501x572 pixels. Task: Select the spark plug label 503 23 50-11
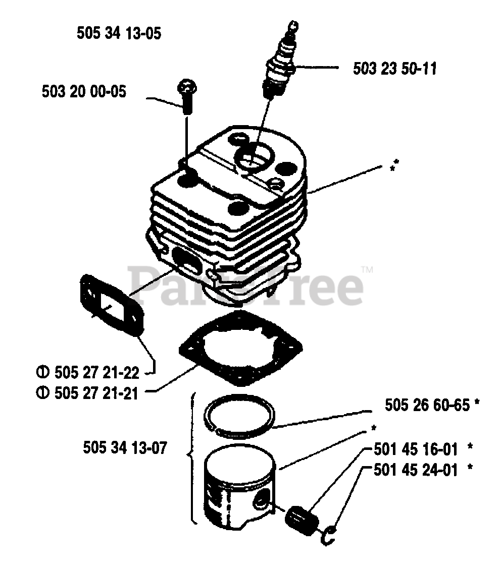pos(394,68)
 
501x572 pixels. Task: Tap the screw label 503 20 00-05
pos(84,92)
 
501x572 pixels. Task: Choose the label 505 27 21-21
pos(94,392)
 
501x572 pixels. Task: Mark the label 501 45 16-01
pos(416,448)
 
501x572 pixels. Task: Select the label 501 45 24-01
pos(416,470)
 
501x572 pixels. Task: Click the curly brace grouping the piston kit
pos(192,456)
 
